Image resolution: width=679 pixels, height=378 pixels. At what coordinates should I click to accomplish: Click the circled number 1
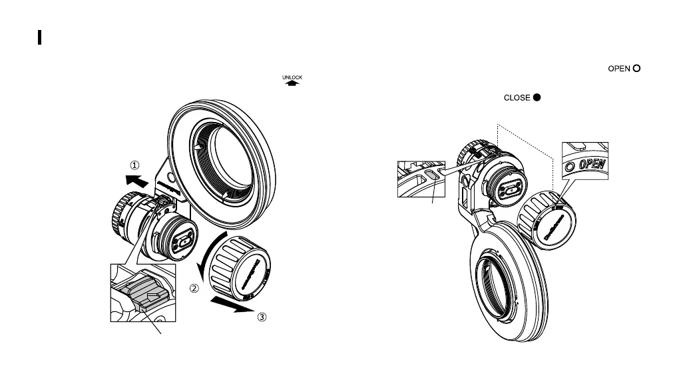click(x=135, y=165)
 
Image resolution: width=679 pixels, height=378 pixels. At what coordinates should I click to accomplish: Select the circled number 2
click(x=194, y=289)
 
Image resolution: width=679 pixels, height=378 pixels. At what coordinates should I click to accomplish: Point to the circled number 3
click(x=262, y=317)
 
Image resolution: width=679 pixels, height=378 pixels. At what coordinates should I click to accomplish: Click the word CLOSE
click(x=517, y=97)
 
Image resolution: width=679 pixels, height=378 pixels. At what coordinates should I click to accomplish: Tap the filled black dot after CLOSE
click(x=536, y=97)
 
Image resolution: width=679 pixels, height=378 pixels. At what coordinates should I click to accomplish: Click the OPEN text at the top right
click(x=618, y=69)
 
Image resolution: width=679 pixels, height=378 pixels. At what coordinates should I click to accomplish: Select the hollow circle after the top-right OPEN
click(x=636, y=69)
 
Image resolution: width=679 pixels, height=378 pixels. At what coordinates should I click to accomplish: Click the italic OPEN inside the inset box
click(x=591, y=163)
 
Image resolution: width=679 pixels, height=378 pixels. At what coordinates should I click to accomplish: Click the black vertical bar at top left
click(x=40, y=37)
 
